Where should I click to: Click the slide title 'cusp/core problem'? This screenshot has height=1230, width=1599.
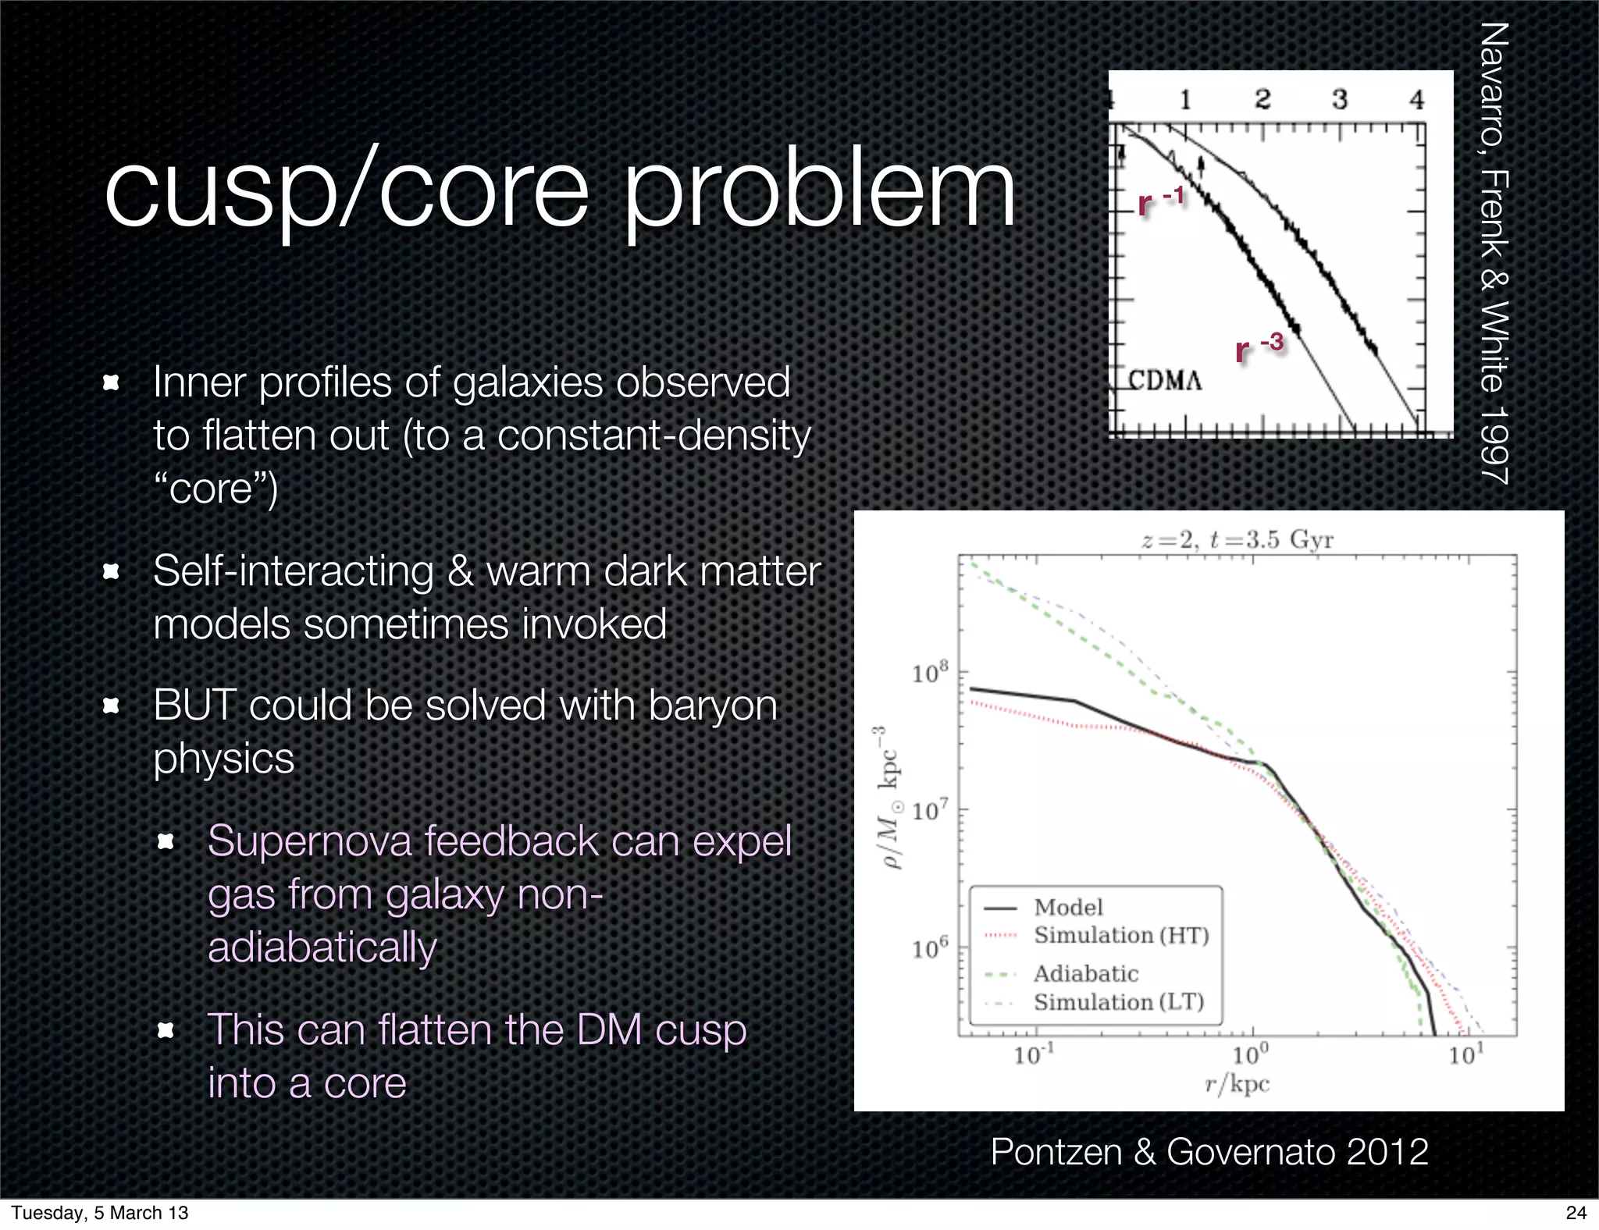click(559, 189)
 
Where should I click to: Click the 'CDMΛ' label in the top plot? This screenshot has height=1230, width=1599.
click(1165, 381)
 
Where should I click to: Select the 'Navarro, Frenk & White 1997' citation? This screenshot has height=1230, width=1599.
click(1494, 254)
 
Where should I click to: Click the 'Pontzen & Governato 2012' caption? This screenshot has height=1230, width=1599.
click(1209, 1151)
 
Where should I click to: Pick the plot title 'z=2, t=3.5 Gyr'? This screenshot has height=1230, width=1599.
click(1237, 539)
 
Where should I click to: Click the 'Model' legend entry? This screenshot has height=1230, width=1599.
click(1068, 907)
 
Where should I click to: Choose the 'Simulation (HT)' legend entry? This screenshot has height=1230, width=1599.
click(1121, 935)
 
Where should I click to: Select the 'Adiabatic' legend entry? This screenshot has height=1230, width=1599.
click(1086, 973)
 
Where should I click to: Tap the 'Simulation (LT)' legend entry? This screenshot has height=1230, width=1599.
click(1119, 1001)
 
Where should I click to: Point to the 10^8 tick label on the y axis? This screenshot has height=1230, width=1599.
click(930, 672)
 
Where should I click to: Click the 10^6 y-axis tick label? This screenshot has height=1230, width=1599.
click(930, 948)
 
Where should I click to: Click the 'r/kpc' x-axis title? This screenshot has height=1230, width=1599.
click(1237, 1084)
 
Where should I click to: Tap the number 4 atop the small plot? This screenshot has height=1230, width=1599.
click(1416, 99)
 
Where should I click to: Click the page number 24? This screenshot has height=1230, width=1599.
click(1576, 1212)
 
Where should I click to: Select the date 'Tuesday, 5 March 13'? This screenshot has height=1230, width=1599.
click(100, 1212)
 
